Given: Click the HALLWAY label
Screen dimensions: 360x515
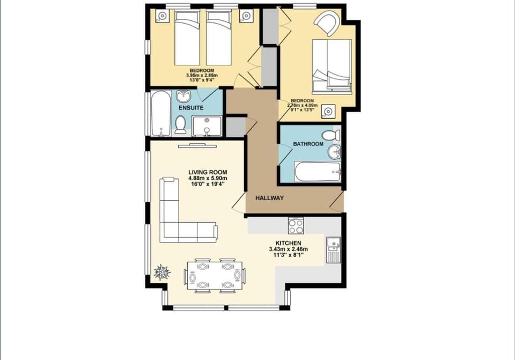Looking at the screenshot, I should click(269, 198).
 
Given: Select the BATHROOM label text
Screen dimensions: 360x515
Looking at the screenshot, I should click(308, 144).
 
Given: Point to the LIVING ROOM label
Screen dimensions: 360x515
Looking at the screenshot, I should click(208, 172).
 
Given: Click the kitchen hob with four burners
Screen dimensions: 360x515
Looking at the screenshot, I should click(296, 225).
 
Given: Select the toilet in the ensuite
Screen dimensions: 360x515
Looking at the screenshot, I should click(181, 126).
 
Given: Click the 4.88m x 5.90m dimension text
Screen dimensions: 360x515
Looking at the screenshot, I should click(208, 178).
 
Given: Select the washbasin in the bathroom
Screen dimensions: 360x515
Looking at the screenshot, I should click(335, 152).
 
